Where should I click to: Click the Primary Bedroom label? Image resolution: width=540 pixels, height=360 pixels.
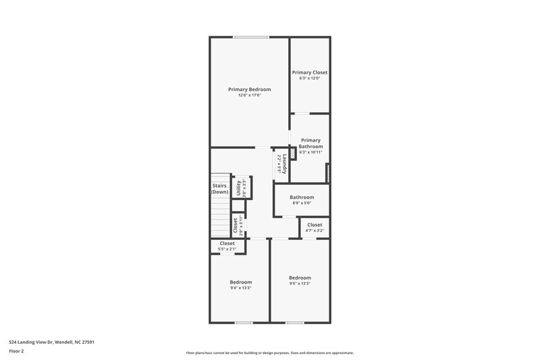[x=249, y=89]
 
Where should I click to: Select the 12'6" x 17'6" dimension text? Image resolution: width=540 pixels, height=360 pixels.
[x=249, y=95]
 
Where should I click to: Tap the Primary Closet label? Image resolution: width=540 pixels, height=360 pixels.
[x=309, y=72]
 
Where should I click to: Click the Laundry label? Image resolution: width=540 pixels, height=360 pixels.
[x=286, y=165]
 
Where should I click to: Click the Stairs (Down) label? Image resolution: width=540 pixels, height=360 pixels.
[x=219, y=188]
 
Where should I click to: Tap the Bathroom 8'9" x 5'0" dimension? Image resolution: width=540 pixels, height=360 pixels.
[x=302, y=203]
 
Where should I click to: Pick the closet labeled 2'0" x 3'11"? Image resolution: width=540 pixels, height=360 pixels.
[x=235, y=225]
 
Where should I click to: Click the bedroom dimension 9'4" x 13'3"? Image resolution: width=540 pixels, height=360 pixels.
[x=240, y=288]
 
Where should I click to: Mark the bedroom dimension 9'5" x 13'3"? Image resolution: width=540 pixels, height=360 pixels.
[x=300, y=284]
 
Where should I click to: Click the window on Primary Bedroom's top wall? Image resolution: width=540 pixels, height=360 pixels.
[x=250, y=36]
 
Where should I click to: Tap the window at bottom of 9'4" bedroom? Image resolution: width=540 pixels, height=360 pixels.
[x=244, y=322]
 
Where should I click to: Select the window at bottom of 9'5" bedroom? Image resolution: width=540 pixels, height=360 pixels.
[x=294, y=322]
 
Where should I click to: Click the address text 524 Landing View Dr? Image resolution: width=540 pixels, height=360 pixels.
[x=51, y=342]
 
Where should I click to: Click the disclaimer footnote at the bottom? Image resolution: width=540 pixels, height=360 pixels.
[x=269, y=353]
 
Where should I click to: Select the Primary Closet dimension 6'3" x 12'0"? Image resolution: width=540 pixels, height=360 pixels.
[x=309, y=78]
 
